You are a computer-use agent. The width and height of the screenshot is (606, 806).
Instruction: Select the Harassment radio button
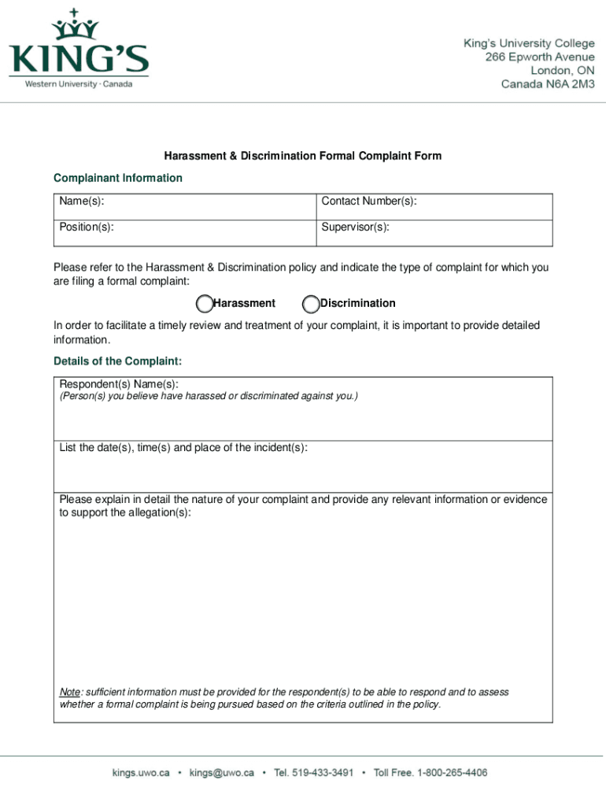204,304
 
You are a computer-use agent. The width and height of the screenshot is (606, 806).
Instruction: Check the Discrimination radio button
311,304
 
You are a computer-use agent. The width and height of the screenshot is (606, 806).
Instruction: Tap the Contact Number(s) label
369,202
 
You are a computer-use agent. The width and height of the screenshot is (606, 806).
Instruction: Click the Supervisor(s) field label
355,227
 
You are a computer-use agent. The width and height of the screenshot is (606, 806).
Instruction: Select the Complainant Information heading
118,178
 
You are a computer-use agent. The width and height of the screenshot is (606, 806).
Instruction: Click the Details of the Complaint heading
118,361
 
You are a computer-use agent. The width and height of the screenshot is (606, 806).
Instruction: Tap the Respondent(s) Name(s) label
119,384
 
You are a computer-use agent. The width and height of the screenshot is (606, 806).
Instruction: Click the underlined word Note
70,692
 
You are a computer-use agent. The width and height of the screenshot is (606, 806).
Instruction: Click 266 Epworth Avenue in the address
541,57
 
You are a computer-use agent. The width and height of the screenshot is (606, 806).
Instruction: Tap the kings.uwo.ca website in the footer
139,773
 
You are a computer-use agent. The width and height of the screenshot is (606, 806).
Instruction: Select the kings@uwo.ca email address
221,773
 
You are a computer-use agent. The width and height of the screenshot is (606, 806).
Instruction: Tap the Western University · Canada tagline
79,84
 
